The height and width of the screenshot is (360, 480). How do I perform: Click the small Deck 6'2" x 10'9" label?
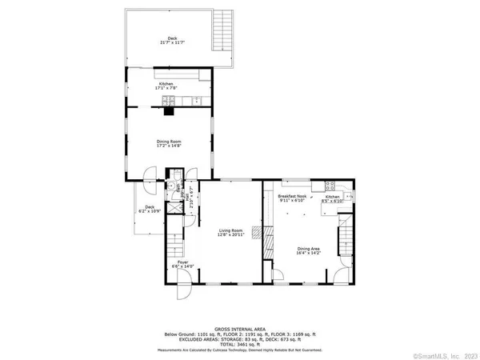[x=150, y=209]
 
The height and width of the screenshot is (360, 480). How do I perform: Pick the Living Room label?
[x=230, y=232]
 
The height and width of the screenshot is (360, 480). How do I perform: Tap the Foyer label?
[x=183, y=264]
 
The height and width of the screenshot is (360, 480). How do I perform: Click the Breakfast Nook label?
[x=294, y=199]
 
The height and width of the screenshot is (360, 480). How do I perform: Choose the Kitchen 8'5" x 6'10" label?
[x=332, y=199]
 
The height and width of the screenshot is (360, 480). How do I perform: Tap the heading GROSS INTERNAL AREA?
[x=239, y=329]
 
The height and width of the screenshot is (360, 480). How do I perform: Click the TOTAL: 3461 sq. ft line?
[x=239, y=344]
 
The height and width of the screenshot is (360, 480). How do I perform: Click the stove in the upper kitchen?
[x=169, y=99]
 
